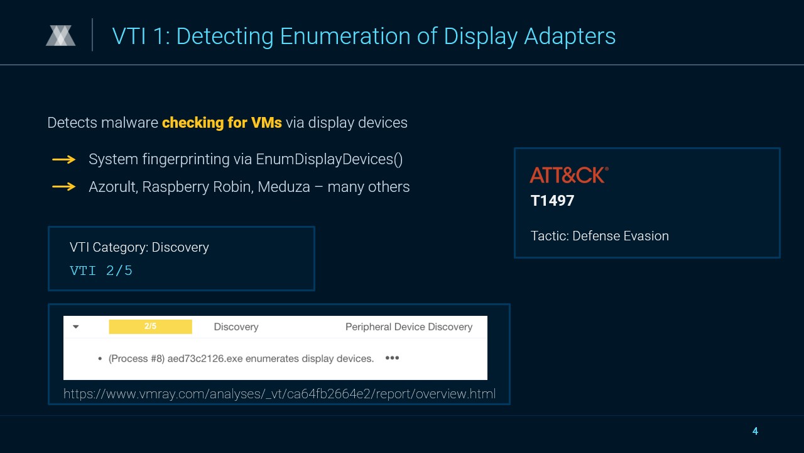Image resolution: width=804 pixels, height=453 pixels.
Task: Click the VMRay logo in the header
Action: (61, 36)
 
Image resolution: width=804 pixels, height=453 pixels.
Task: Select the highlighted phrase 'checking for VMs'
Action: (222, 123)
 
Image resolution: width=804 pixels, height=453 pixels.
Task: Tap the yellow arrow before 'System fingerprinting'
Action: (64, 159)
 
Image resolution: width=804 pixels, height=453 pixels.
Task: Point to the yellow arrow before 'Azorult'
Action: (64, 187)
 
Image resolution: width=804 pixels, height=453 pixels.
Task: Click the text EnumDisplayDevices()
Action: (329, 159)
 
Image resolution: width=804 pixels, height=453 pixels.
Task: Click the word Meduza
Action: (284, 187)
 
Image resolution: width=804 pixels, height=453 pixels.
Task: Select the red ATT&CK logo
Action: (569, 175)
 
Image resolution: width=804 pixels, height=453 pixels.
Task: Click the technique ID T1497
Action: (552, 201)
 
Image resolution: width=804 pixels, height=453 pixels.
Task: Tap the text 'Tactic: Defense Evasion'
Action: (600, 236)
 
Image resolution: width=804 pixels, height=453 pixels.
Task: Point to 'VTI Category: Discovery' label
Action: (139, 247)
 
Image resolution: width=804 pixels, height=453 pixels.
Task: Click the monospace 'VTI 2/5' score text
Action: (101, 271)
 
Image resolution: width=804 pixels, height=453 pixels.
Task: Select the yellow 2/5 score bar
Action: (150, 327)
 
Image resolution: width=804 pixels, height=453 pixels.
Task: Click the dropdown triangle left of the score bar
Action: (76, 327)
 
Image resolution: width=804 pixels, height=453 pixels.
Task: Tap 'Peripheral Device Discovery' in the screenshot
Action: (409, 327)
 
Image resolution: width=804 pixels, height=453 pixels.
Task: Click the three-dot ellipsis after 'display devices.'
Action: (392, 358)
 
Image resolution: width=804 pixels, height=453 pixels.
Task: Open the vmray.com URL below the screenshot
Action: (280, 394)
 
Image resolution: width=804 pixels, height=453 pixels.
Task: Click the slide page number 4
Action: (755, 431)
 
